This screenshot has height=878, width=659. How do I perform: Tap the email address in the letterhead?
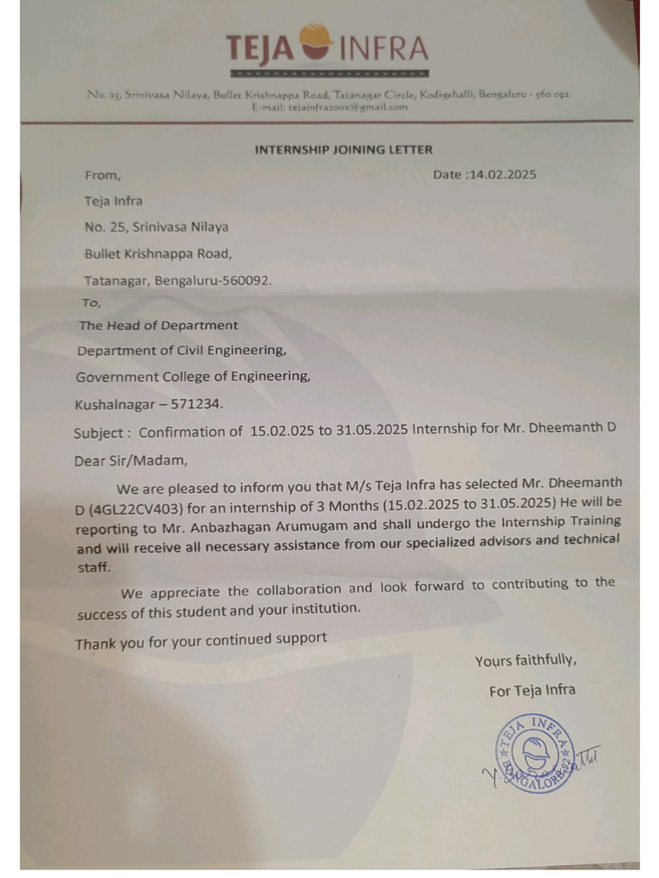330,107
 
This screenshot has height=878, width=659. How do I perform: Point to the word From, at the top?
102,175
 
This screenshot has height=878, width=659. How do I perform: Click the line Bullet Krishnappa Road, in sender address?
158,253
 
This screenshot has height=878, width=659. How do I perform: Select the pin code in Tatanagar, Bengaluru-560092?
248,280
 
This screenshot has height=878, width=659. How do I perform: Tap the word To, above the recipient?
91,303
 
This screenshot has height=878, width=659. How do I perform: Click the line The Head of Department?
159,326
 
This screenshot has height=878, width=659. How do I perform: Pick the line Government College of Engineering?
193,376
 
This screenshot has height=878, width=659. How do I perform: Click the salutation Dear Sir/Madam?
130,460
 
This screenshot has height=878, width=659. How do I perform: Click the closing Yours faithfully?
525,660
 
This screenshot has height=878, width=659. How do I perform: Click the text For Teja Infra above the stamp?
532,690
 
